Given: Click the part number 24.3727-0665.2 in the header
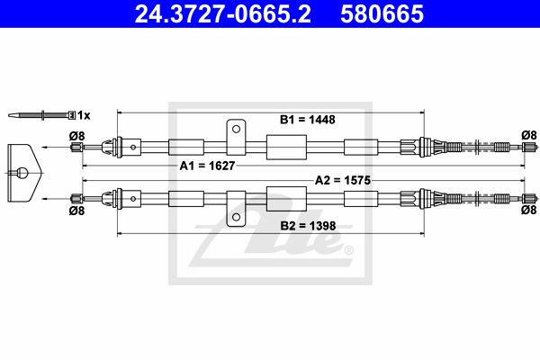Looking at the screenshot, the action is (x=223, y=13).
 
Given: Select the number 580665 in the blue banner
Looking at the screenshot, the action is (x=382, y=13).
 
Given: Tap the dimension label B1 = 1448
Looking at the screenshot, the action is (x=307, y=120).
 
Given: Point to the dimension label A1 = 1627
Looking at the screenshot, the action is (x=207, y=166).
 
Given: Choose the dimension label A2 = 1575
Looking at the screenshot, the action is (x=343, y=180).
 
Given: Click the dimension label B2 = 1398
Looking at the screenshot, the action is (x=308, y=226).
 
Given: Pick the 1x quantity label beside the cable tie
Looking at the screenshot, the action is (x=84, y=115).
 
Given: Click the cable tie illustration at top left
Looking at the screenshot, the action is (x=41, y=115).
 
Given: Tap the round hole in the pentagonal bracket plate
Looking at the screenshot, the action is (x=22, y=173).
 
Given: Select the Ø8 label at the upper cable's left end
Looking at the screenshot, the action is (x=76, y=136).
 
